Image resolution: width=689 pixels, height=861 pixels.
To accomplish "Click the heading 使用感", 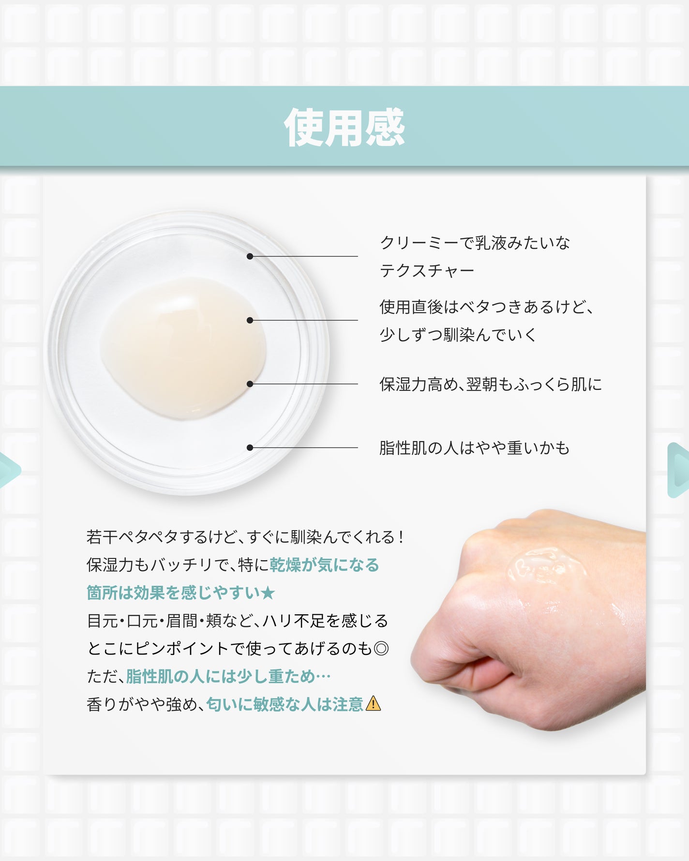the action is click(x=344, y=127).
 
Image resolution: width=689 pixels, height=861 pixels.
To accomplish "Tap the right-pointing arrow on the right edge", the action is click(x=678, y=470).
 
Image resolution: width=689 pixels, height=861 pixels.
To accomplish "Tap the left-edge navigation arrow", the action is click(x=9, y=470).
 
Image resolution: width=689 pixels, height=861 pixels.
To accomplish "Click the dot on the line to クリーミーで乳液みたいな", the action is click(x=250, y=256).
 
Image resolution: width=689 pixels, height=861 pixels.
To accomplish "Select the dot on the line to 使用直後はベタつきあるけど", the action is click(x=250, y=320).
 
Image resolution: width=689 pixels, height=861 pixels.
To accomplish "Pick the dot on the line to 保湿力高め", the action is click(x=250, y=384).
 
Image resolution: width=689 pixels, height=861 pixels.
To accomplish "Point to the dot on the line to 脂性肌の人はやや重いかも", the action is click(x=250, y=448).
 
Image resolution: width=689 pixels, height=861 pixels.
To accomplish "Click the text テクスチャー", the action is click(x=427, y=270).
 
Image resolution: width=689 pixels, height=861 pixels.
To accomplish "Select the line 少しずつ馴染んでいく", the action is click(x=458, y=334).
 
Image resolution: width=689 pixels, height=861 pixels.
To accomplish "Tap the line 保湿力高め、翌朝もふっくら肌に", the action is click(x=491, y=384).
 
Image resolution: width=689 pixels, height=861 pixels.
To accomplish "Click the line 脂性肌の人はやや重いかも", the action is click(x=474, y=448).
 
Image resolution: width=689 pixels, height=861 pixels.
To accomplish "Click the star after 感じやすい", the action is click(x=268, y=593).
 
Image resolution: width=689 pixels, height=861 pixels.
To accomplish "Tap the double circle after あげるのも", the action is click(x=381, y=648).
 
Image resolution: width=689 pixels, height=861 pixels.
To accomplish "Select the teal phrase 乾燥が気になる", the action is click(x=324, y=564).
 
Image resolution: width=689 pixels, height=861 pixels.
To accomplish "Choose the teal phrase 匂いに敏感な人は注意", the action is click(x=285, y=704).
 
